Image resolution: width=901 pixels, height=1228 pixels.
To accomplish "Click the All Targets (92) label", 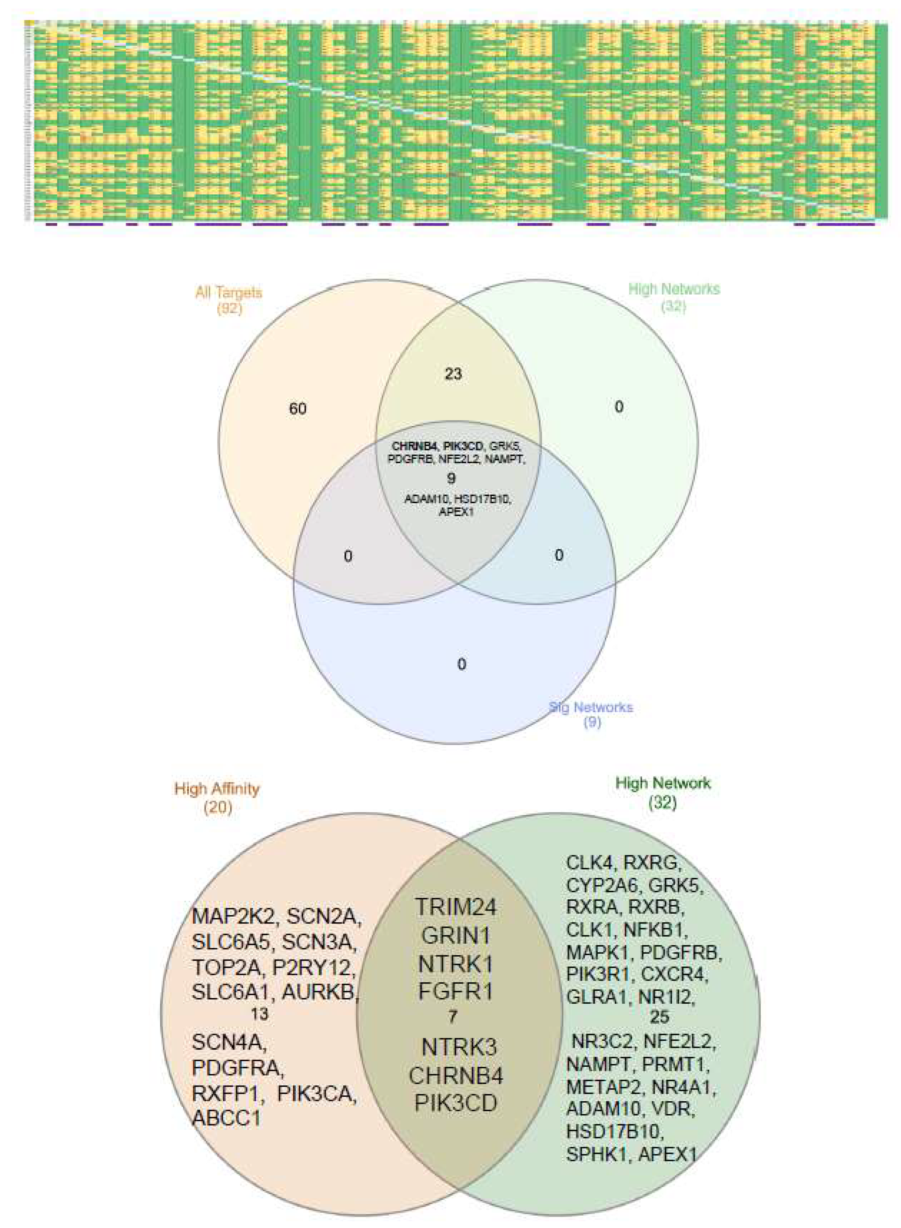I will pyautogui.click(x=228, y=300).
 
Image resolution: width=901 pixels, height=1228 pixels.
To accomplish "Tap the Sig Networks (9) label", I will pyautogui.click(x=591, y=715).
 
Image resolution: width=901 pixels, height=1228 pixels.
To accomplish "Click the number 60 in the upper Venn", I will pyautogui.click(x=298, y=409).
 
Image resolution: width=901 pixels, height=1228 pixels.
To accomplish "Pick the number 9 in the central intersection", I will pyautogui.click(x=451, y=478).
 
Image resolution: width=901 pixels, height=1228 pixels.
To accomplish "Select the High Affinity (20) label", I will pyautogui.click(x=217, y=797).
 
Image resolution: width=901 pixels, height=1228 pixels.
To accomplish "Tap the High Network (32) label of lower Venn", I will pyautogui.click(x=663, y=792).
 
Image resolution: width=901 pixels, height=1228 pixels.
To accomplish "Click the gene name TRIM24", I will pyautogui.click(x=456, y=907).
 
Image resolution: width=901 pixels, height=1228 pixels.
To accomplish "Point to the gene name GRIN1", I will pyautogui.click(x=456, y=936).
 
